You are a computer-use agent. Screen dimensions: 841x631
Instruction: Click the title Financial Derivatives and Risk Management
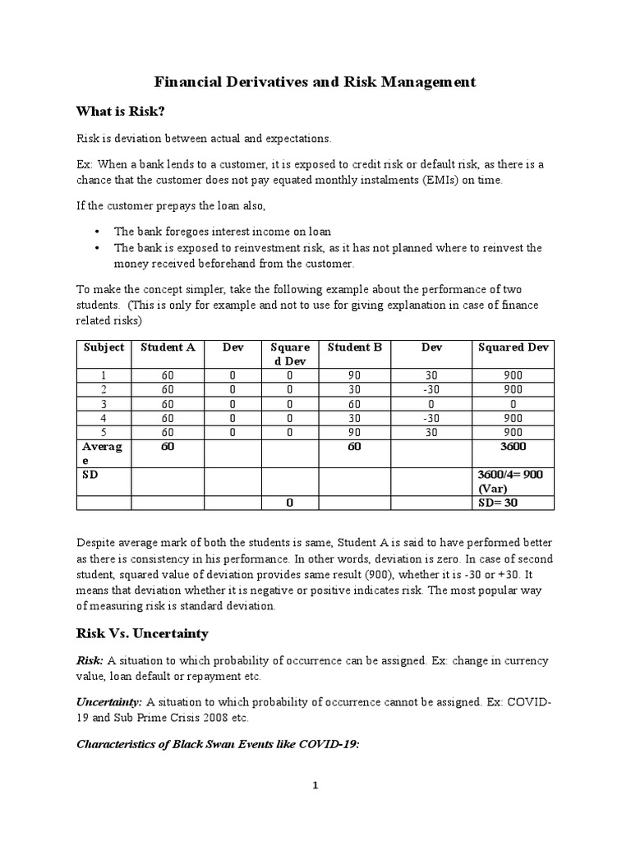(x=315, y=82)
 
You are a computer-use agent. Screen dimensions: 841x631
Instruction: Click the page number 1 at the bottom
(x=315, y=785)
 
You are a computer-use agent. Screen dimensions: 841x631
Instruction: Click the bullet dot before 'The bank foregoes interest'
(x=98, y=232)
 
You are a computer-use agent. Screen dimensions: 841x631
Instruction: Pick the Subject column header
(x=104, y=347)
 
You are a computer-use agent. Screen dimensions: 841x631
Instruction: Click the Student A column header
(x=168, y=347)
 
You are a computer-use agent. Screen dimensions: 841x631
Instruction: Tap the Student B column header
(x=355, y=347)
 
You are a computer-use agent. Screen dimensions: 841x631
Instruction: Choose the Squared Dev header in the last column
(x=513, y=347)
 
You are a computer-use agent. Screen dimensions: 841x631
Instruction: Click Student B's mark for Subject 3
(x=355, y=404)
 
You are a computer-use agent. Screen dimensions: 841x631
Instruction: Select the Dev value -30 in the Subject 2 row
(x=431, y=389)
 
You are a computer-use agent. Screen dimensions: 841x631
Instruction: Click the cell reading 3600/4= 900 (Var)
(x=513, y=481)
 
